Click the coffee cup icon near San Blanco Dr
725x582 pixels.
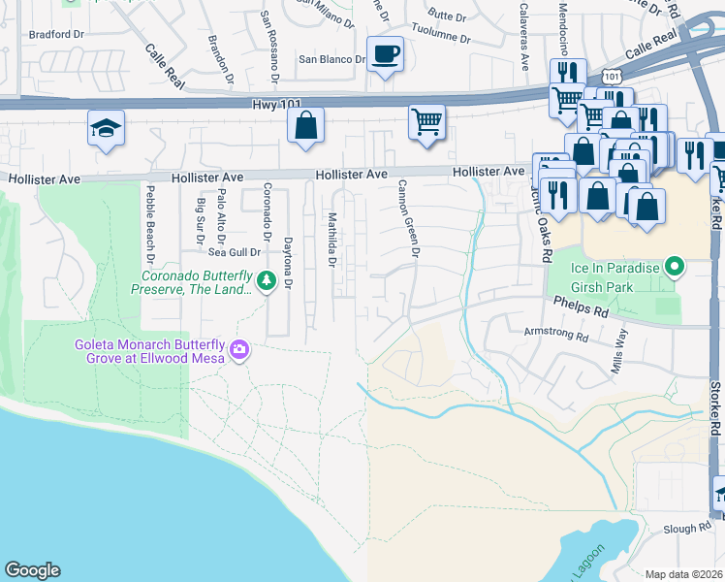385,54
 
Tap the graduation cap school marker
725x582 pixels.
106,128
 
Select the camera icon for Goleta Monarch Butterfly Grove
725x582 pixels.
239,349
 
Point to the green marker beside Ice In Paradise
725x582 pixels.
676,266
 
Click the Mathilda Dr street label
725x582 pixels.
331,240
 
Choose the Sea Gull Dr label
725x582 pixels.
228,252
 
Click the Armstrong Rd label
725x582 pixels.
555,338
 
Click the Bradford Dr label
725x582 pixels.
50,33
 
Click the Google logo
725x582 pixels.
32,570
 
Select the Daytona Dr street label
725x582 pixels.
288,263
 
